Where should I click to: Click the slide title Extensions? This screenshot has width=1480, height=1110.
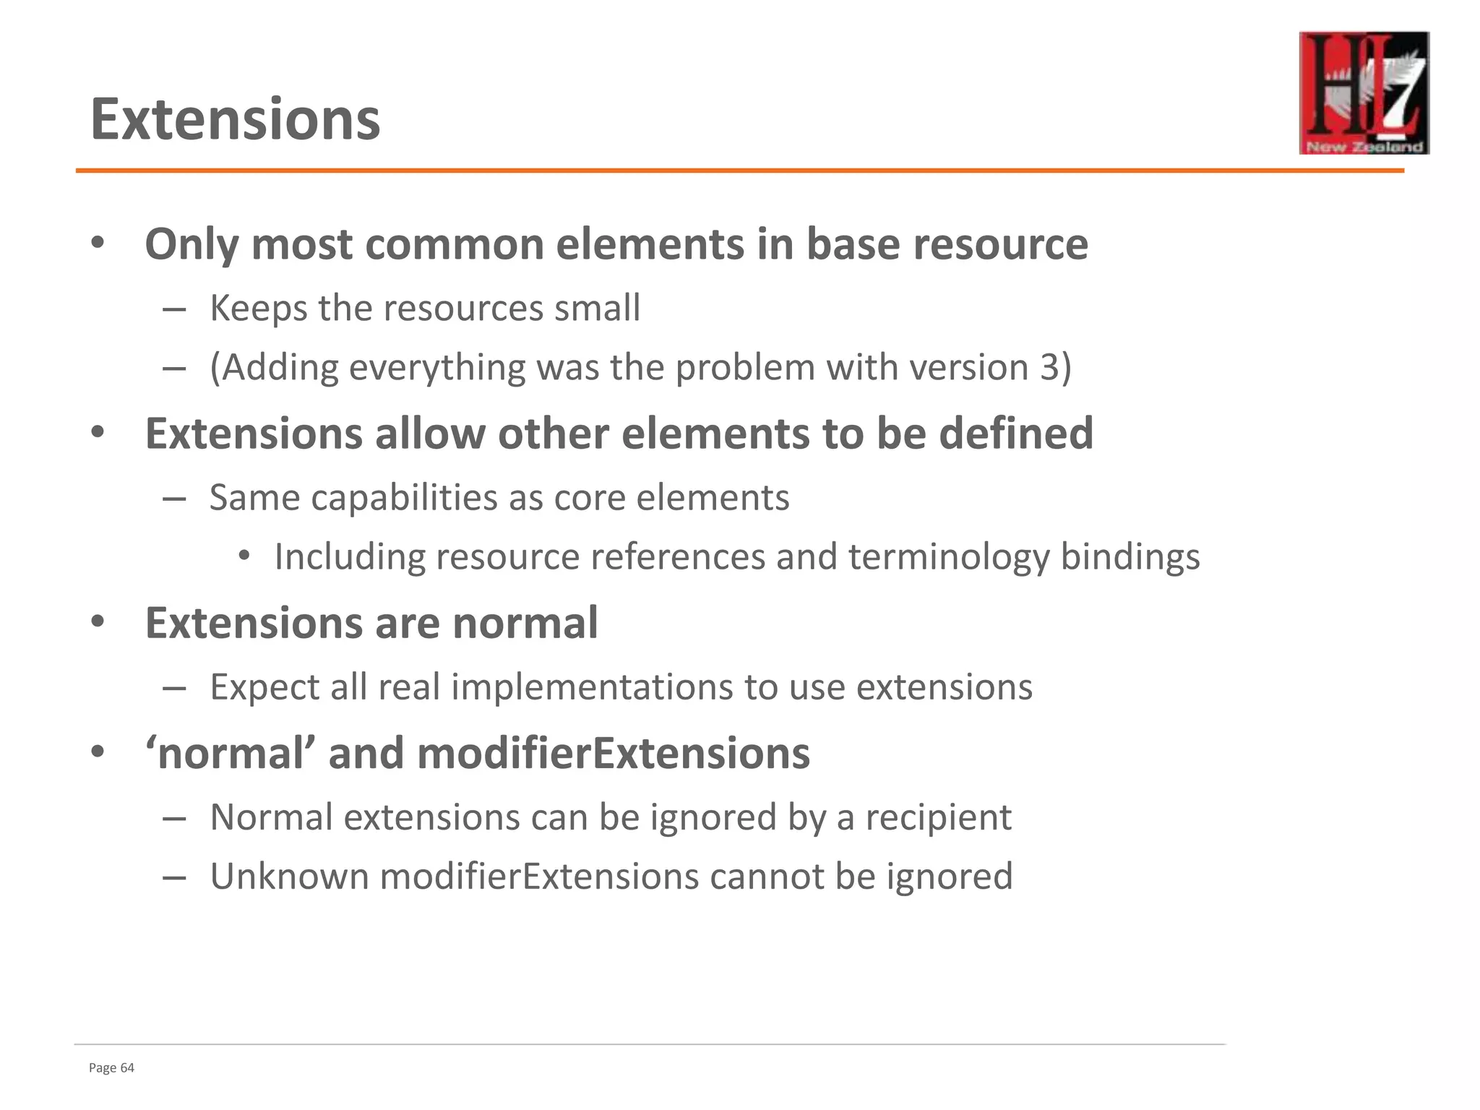235,119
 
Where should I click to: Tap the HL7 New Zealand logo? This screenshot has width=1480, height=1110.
1364,92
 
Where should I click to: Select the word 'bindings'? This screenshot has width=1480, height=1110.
1130,557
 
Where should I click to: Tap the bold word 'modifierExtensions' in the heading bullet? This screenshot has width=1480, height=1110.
614,754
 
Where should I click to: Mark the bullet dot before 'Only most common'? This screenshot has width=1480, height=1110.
98,244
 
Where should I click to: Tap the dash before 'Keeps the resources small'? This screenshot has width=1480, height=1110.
174,309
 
